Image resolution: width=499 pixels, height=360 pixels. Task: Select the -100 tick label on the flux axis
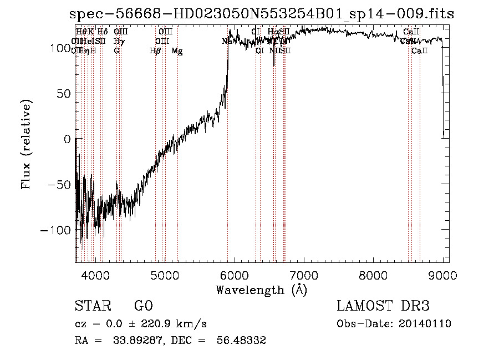[56, 230]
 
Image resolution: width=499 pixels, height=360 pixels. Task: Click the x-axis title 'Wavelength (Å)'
[261, 290]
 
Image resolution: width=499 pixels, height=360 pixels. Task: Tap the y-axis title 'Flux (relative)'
[27, 144]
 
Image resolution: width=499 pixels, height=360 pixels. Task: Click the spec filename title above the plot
[261, 14]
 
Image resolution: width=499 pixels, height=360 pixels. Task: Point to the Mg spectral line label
[177, 50]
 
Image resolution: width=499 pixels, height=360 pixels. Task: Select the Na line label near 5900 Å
[227, 41]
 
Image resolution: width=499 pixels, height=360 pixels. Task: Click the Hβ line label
[156, 50]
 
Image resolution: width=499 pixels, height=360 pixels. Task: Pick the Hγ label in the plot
[118, 41]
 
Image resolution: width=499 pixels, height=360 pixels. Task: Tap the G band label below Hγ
[117, 50]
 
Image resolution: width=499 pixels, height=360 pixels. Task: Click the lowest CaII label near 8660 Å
[420, 50]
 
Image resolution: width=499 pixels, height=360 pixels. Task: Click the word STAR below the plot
[92, 306]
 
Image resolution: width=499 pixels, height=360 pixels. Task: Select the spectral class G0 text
[143, 306]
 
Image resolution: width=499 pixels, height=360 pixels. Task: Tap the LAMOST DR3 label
[383, 306]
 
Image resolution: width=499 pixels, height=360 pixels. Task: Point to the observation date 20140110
[425, 324]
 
